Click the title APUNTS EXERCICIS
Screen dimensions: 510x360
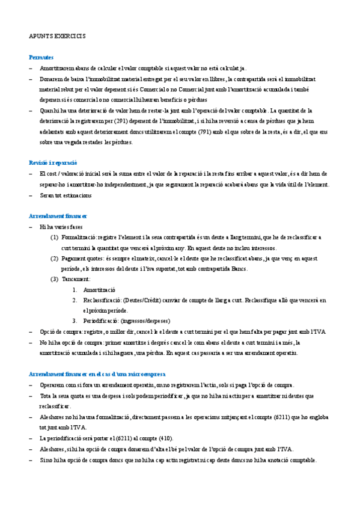[57, 36]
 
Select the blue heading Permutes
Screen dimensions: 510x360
[41, 57]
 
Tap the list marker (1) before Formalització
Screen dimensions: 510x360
[55, 238]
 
